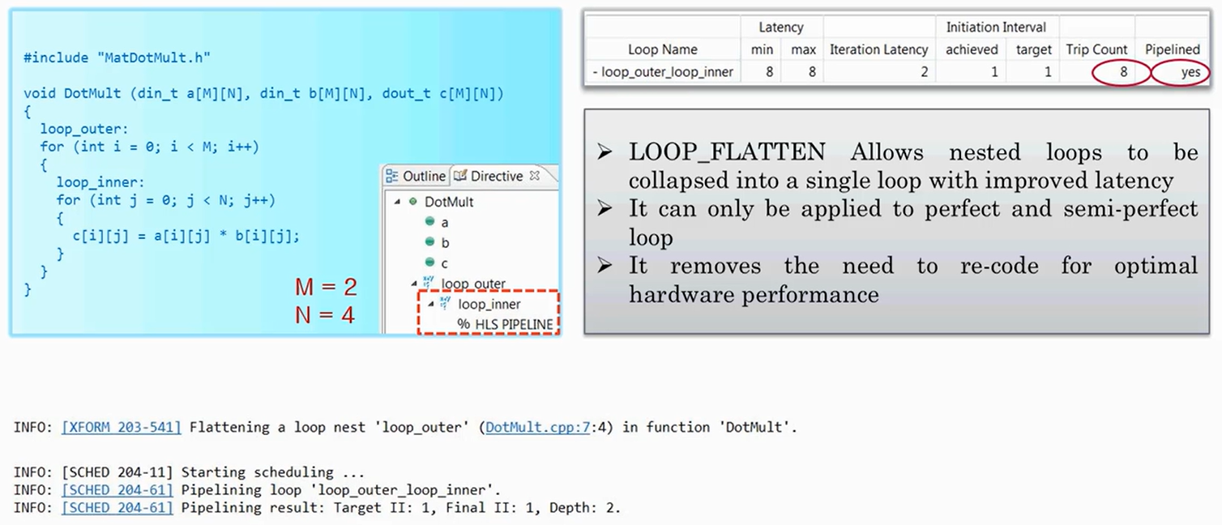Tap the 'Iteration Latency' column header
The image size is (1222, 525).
point(878,49)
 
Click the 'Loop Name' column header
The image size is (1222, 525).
point(662,49)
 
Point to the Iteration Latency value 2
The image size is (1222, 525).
point(923,72)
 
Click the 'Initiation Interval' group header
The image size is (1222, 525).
point(996,27)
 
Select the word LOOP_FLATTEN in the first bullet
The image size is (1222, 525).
point(727,152)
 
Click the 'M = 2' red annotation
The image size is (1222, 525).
point(325,287)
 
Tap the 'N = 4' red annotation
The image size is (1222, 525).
point(325,314)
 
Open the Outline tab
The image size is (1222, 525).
point(416,176)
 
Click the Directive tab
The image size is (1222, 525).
point(496,176)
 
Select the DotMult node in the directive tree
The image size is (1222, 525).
point(449,202)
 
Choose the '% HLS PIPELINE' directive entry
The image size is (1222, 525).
point(505,324)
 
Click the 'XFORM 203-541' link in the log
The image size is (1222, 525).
point(122,427)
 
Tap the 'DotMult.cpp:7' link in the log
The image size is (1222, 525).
point(537,427)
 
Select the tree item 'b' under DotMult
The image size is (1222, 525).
point(446,242)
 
